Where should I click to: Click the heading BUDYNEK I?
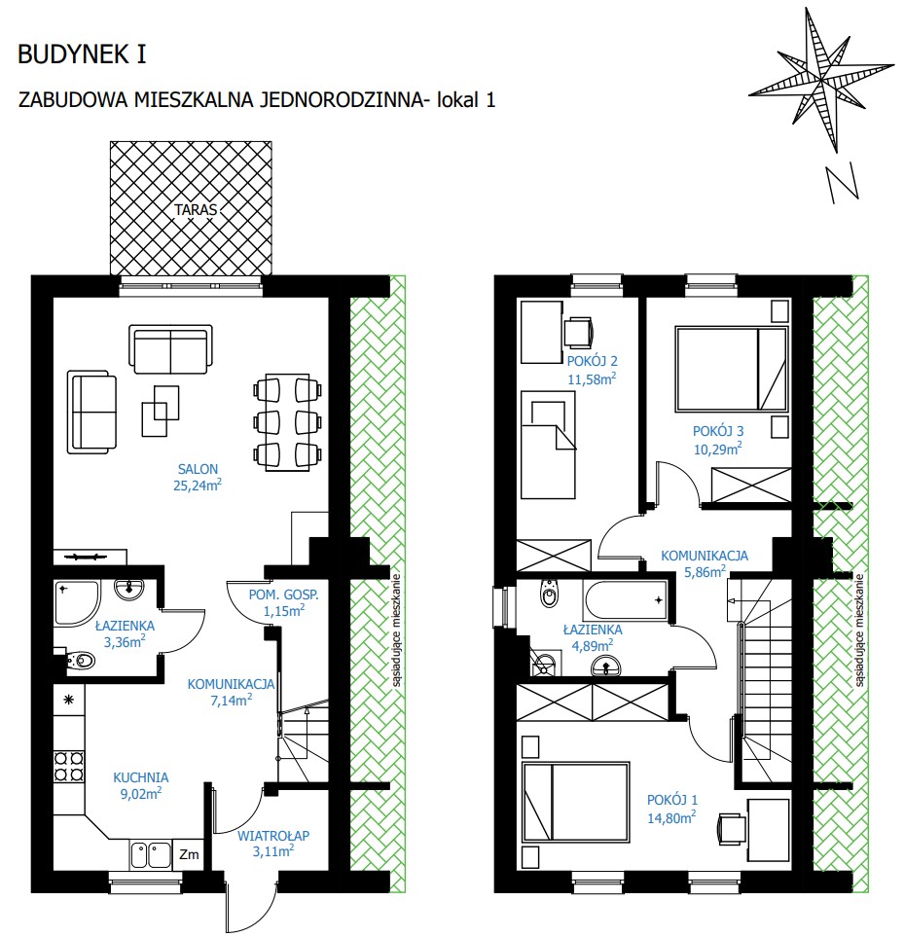82,54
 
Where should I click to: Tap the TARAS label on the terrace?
196,210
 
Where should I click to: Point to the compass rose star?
821,78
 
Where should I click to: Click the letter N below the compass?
843,184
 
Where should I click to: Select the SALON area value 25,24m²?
198,486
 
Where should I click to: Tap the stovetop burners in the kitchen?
69,766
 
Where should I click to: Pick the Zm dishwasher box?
189,854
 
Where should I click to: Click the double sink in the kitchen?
151,854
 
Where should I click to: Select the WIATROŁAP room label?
273,836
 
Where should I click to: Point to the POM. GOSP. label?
284,595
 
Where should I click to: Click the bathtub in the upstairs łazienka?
626,600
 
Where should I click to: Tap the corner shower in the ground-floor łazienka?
77,602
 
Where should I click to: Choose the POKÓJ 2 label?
592,361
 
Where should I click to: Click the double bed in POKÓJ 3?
732,369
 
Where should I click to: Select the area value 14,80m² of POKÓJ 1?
671,817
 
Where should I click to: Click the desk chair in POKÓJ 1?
732,829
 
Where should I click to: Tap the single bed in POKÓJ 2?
548,445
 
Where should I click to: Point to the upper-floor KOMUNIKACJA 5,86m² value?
705,571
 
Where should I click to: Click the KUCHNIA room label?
141,777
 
